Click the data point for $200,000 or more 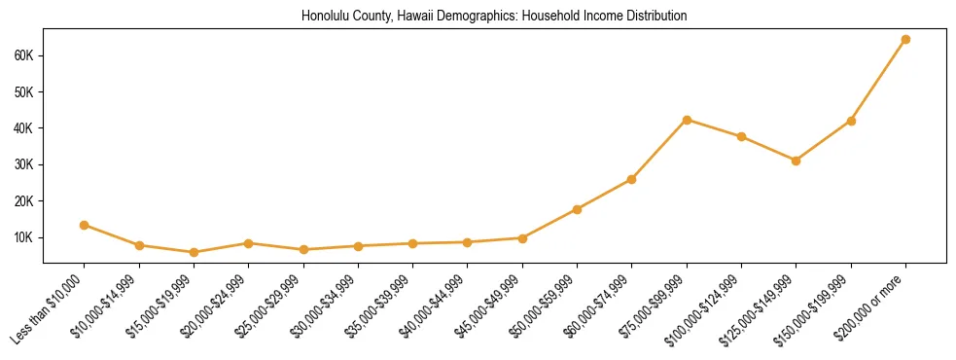click(x=905, y=39)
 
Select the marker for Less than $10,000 click(x=85, y=225)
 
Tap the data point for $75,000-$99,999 click(x=687, y=120)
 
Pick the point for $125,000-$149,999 click(x=797, y=161)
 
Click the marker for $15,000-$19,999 click(x=194, y=252)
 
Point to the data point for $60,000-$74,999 click(x=632, y=179)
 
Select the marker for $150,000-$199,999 click(x=851, y=121)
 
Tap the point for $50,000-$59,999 click(x=578, y=209)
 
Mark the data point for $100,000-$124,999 click(x=742, y=136)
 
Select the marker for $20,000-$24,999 click(x=249, y=243)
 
